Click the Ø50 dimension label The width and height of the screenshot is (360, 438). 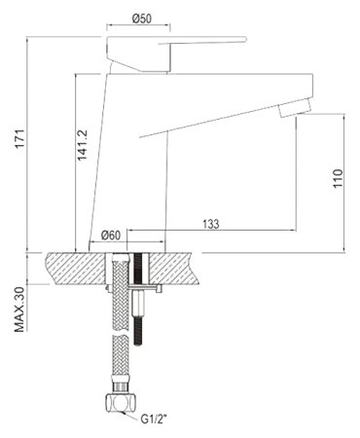pos(142,18)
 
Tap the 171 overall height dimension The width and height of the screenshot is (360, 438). pos(20,138)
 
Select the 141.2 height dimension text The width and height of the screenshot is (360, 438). pos(82,145)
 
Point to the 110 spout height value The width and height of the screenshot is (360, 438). pos(338,178)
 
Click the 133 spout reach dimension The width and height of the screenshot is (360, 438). pos(211,224)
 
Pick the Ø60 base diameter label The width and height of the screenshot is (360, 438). pos(111,235)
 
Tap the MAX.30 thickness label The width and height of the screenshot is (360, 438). pos(19,309)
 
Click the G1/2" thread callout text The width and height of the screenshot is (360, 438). pos(154,420)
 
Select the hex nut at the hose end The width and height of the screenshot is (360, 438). pos(121,403)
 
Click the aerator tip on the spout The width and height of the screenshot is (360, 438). pos(295,109)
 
